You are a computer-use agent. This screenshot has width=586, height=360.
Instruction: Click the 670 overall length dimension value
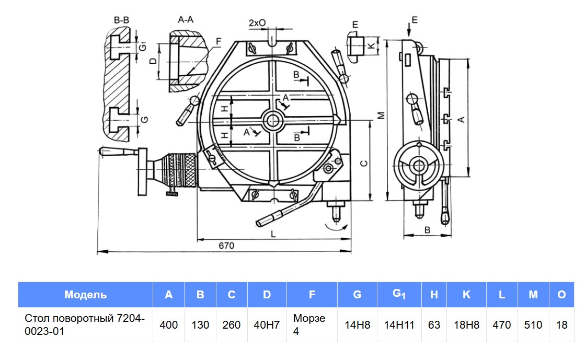226,246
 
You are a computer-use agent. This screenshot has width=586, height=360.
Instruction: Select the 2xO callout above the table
257,23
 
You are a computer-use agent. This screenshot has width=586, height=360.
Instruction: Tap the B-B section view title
121,20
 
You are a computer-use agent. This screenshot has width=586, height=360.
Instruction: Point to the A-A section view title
186,19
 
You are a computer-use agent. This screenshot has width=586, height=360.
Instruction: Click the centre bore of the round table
272,121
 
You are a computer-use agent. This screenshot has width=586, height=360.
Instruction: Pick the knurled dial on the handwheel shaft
181,172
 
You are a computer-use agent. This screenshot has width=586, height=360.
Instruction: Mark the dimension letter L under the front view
273,234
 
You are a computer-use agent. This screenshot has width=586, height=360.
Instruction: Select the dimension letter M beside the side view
381,115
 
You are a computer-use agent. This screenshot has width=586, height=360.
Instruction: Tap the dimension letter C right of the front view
364,163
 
